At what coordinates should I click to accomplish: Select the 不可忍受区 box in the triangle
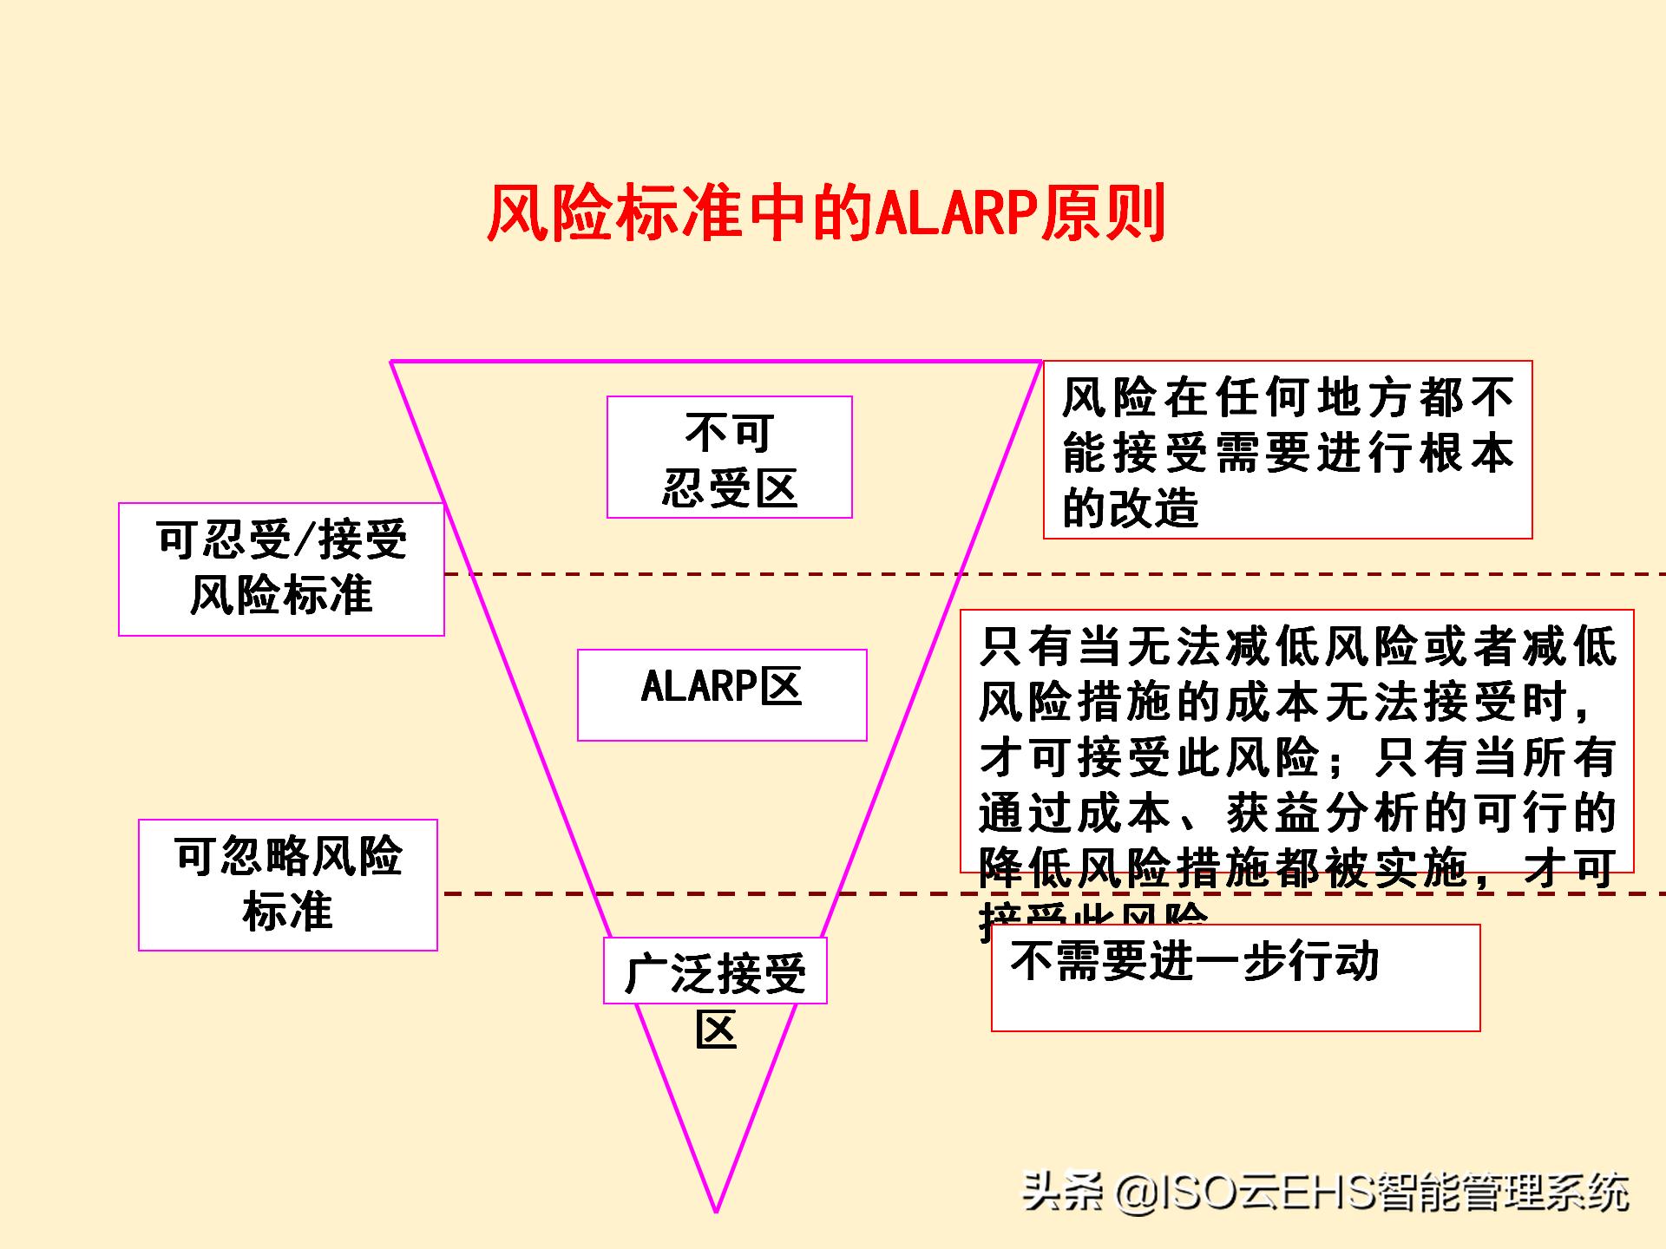pyautogui.click(x=729, y=457)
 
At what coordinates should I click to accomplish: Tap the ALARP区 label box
pyautogui.click(x=721, y=694)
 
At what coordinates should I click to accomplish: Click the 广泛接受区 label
pyautogui.click(x=715, y=971)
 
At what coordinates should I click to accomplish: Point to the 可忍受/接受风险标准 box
pyautogui.click(x=281, y=569)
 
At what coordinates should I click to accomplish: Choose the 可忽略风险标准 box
pyautogui.click(x=287, y=885)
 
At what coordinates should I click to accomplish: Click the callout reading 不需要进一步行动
pyautogui.click(x=1235, y=978)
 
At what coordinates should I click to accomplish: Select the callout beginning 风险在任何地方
pyautogui.click(x=1287, y=450)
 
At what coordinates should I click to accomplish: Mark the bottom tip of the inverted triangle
pyautogui.click(x=717, y=1211)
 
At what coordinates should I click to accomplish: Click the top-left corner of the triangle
pyautogui.click(x=392, y=362)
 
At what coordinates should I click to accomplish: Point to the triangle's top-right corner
pyautogui.click(x=1040, y=362)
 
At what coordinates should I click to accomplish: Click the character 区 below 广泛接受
pyautogui.click(x=716, y=1030)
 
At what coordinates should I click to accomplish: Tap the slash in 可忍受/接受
pyautogui.click(x=304, y=540)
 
